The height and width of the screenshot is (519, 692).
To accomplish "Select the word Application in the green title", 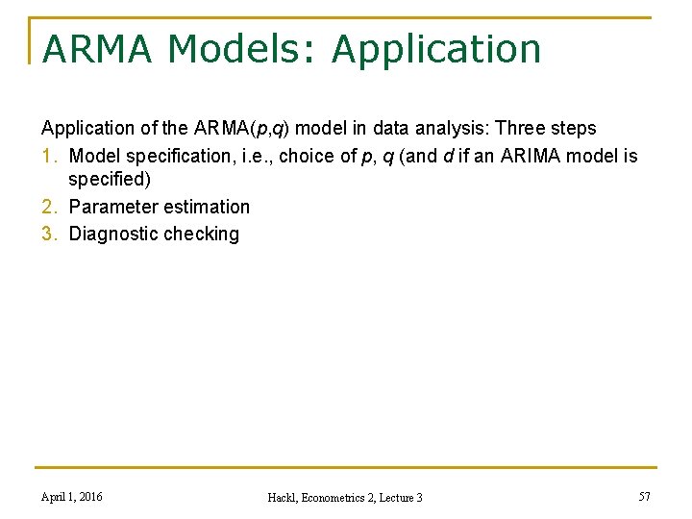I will (436, 49).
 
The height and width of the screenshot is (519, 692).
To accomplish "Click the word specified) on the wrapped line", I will (110, 180).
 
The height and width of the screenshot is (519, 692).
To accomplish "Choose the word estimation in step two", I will (205, 207).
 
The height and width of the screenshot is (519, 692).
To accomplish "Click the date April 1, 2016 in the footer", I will (72, 496).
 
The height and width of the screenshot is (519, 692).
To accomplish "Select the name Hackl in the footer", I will (284, 497).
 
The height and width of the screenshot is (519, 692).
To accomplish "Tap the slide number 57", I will (645, 496).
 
